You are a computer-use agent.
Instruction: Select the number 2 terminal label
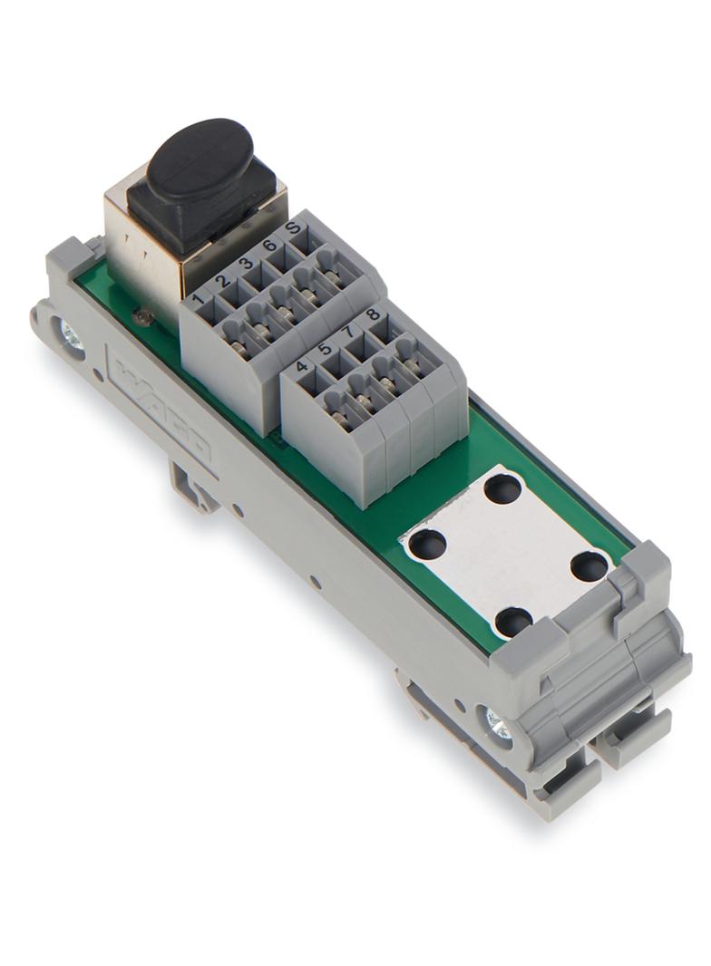(222, 280)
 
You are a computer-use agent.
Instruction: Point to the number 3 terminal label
(246, 264)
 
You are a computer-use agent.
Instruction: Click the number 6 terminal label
(269, 246)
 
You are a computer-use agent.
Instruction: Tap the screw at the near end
(498, 724)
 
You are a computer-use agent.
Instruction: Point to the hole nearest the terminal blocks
(502, 490)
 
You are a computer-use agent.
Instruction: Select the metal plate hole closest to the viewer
(513, 622)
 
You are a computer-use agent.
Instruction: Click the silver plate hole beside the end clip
(590, 567)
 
